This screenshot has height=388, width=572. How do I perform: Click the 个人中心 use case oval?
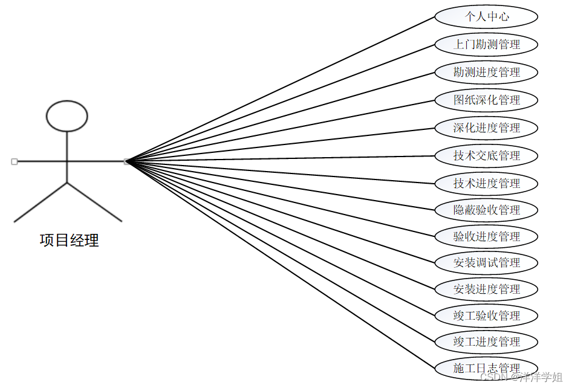tap(486, 17)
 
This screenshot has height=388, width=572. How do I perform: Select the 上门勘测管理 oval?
tap(486, 44)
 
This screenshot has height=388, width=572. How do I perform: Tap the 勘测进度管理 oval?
tap(486, 72)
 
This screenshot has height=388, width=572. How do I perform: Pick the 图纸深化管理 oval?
tap(486, 100)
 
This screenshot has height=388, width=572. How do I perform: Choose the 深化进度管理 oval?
tap(486, 128)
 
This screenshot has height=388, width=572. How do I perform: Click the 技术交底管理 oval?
tap(486, 155)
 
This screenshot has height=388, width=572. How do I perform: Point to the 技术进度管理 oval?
tap(486, 183)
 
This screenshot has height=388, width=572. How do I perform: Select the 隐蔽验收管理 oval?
tap(486, 210)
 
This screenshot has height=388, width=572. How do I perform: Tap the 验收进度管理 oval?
tap(486, 236)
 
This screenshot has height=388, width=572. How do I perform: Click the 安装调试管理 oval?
tap(486, 263)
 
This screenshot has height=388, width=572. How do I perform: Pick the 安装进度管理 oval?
tap(486, 289)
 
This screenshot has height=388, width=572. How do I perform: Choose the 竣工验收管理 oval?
tap(486, 315)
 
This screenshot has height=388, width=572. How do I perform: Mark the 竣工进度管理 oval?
tap(486, 341)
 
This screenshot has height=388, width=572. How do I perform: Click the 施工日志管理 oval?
tap(486, 367)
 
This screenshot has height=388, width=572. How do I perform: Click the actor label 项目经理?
tap(69, 241)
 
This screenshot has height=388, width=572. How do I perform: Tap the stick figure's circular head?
tap(67, 115)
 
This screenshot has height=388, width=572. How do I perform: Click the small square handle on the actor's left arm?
tap(14, 161)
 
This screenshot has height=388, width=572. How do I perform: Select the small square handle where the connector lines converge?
tap(126, 161)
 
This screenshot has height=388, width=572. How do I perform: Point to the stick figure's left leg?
tap(41, 202)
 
